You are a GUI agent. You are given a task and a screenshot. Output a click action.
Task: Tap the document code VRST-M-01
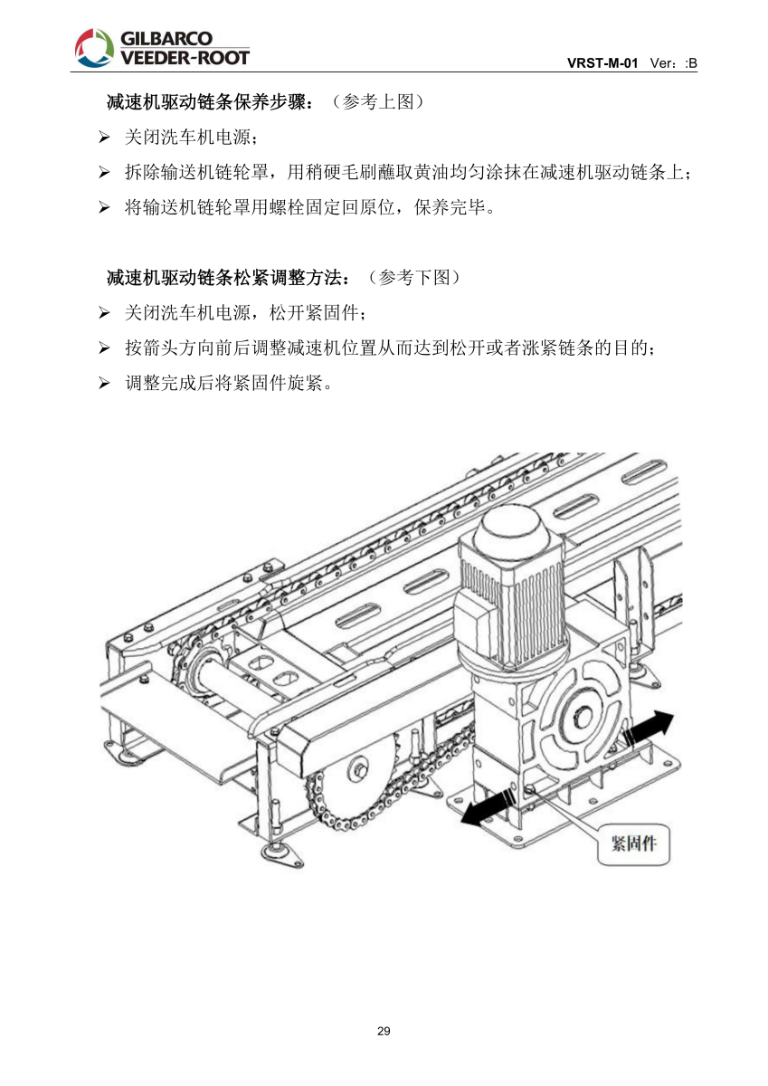click(x=602, y=63)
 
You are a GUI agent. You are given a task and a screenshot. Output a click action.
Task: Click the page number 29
click(x=384, y=1032)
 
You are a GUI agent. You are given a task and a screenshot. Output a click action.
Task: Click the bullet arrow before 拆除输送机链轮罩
click(x=104, y=173)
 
